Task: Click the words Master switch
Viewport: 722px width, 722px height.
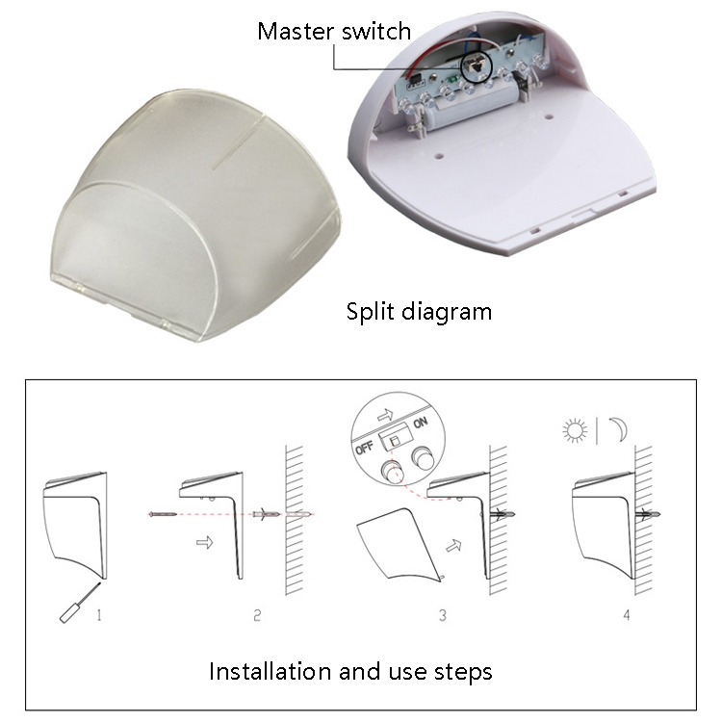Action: (334, 32)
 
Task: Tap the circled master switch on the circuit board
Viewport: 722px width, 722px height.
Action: (477, 64)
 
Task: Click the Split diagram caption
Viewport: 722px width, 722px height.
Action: (419, 312)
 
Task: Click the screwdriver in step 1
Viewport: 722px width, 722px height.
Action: (79, 604)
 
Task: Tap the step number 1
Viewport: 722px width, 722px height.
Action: (99, 615)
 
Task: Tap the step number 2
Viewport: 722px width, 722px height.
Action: (257, 615)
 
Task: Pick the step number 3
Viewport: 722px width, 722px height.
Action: (443, 615)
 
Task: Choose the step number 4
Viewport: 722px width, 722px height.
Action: (627, 615)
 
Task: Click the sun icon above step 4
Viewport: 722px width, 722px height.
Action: (575, 430)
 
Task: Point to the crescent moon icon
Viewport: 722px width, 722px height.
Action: (619, 429)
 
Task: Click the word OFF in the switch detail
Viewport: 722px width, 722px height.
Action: (364, 447)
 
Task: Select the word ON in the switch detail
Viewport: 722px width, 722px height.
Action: (421, 423)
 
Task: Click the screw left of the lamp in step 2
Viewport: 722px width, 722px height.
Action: (163, 514)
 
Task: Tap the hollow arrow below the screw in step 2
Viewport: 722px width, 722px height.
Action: (204, 542)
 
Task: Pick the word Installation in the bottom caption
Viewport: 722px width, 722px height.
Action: (271, 671)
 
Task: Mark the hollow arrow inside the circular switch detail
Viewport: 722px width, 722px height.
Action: (385, 415)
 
